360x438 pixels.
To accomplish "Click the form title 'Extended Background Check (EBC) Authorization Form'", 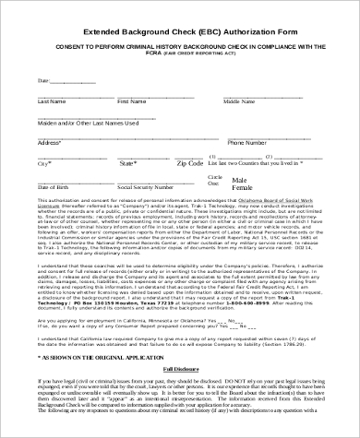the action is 180,30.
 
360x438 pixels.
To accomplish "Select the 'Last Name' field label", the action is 51,101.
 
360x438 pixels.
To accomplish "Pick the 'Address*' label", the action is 48,144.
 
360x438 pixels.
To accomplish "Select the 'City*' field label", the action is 42,164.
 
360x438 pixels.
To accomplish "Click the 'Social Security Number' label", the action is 142,186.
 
